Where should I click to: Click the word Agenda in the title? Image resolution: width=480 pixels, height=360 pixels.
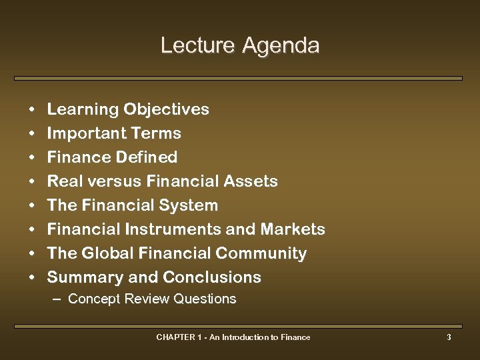tap(281, 46)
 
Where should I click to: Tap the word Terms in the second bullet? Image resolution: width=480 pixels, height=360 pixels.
tap(156, 133)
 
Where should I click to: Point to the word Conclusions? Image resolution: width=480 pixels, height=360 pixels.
tap(212, 277)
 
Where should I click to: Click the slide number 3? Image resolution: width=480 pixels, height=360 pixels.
tap(449, 337)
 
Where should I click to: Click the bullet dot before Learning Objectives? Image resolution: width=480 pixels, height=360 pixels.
tap(31, 110)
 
